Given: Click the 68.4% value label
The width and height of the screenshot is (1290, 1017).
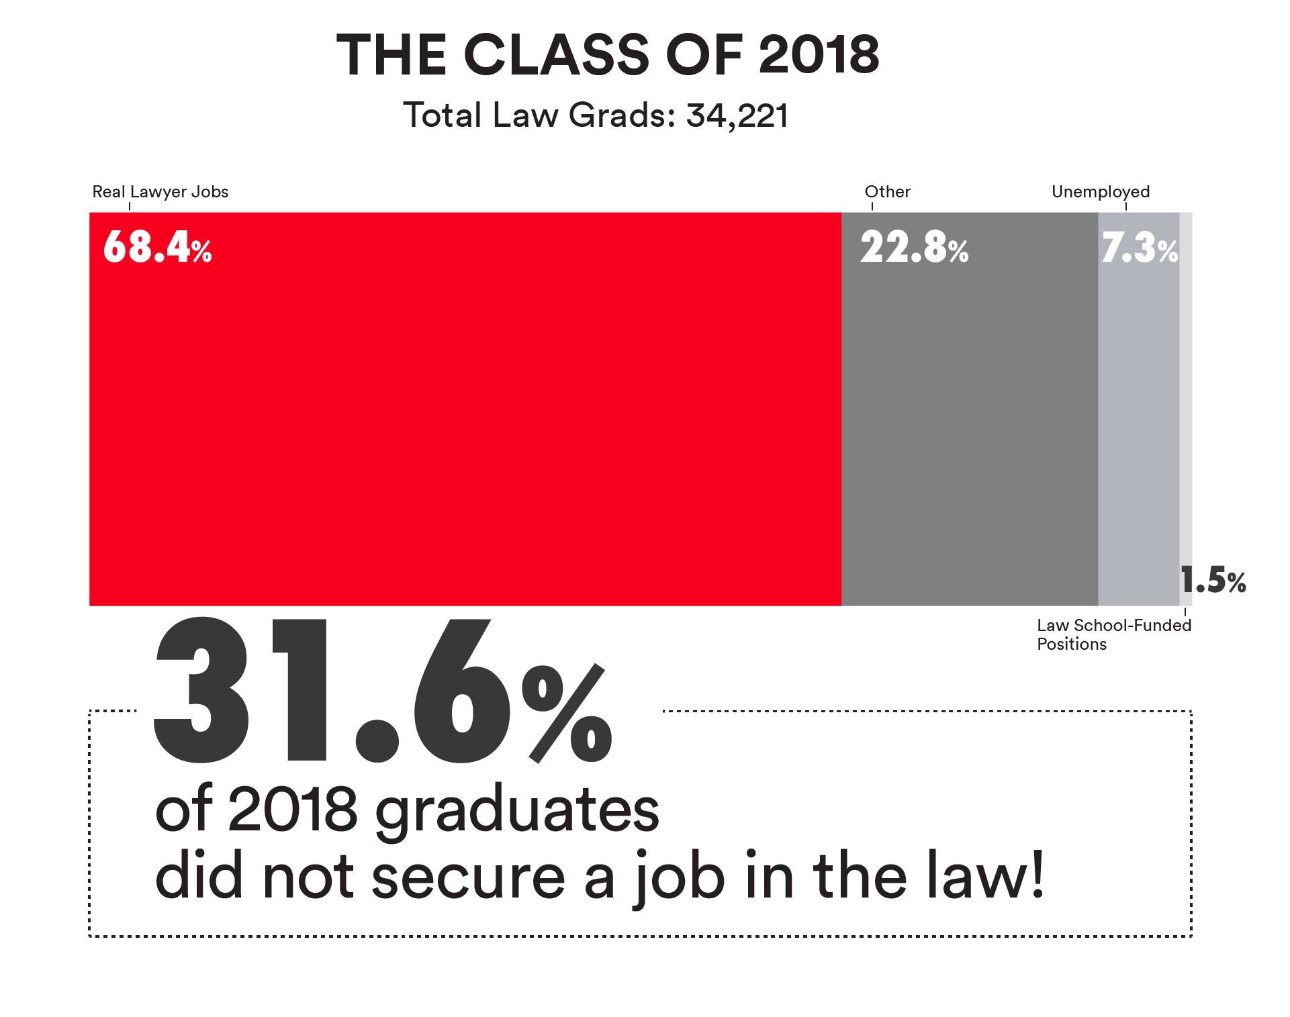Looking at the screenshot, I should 158,247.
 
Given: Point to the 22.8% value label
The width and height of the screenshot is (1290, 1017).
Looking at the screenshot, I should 914,247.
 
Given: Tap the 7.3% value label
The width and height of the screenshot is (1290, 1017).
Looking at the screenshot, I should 1139,248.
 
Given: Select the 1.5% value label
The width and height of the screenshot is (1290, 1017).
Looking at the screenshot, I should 1213,580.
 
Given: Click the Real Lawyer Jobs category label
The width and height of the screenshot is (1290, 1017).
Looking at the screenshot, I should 160,192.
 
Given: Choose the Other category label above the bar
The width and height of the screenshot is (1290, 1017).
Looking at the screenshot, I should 887,192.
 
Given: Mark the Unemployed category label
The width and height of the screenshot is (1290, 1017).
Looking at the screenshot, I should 1101,192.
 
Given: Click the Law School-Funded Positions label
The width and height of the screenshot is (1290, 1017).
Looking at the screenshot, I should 1113,634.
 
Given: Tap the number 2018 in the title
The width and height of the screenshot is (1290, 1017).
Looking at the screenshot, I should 819,55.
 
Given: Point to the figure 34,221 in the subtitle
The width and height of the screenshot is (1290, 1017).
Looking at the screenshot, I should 737,115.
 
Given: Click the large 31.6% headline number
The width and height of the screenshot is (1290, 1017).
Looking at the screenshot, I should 383,691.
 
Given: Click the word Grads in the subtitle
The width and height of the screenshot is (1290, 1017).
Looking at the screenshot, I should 622,115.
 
